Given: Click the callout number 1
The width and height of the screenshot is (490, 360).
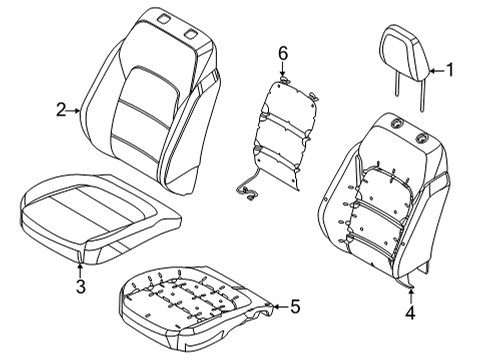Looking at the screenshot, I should coord(449,70).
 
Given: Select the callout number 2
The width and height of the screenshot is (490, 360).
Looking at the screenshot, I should coord(60,111).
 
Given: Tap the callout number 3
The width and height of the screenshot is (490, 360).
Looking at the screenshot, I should coord(80,288).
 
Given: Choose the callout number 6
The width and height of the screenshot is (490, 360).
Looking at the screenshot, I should coord(283,53).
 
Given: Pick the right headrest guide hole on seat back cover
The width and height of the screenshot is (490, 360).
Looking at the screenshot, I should coord(191,35).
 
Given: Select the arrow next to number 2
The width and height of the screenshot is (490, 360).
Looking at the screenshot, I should coord(75,111).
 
